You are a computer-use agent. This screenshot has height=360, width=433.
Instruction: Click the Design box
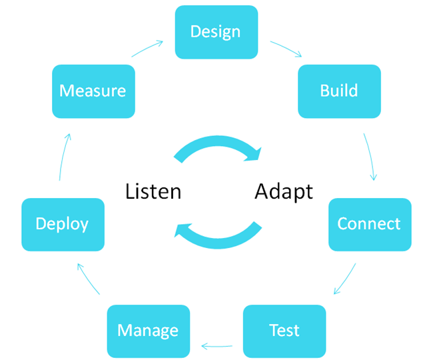tap(216, 31)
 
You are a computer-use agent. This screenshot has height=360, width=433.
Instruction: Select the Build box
tap(339, 91)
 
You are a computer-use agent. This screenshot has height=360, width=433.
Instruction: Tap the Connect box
tap(369, 224)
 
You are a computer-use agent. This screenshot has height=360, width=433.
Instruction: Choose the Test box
tap(284, 331)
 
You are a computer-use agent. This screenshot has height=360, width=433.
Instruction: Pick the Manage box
tap(148, 331)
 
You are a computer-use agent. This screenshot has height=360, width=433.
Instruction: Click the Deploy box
tap(63, 224)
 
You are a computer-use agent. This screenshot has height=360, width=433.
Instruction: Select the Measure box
tap(93, 91)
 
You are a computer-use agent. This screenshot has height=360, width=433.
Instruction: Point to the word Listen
tap(153, 191)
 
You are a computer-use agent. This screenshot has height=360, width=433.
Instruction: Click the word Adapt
tap(284, 191)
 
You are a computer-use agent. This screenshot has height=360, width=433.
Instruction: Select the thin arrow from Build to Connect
tap(370, 157)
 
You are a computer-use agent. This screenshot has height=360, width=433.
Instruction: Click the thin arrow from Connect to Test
tap(345, 279)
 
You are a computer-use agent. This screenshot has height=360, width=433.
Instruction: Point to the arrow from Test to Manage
tap(217, 346)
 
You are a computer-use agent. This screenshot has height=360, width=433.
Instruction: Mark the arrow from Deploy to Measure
tap(63, 157)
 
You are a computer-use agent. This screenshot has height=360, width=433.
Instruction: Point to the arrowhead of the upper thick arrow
tap(256, 154)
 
